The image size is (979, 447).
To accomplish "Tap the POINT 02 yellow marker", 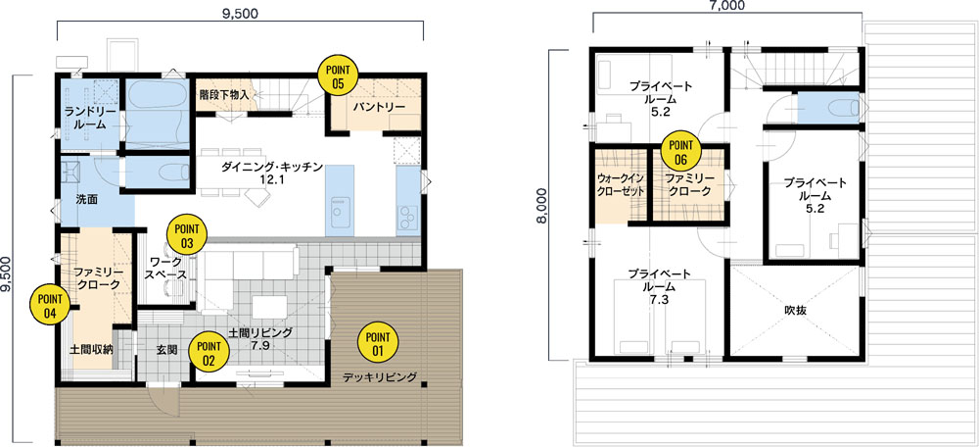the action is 209,352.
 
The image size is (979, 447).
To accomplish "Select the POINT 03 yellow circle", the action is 185,234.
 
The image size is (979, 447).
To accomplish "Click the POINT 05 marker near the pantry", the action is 338,75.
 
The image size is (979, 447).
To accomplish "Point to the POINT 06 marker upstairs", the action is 680,152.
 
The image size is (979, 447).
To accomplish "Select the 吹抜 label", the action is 794,310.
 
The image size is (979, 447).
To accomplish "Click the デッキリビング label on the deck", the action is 380,377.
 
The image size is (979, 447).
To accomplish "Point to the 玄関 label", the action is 166,350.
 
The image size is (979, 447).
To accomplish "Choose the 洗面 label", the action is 86,200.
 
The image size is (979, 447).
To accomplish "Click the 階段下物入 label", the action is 225,96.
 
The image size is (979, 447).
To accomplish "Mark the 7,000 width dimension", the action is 728,6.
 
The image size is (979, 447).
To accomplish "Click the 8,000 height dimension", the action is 543,206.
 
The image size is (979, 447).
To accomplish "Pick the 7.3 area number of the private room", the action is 659,300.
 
